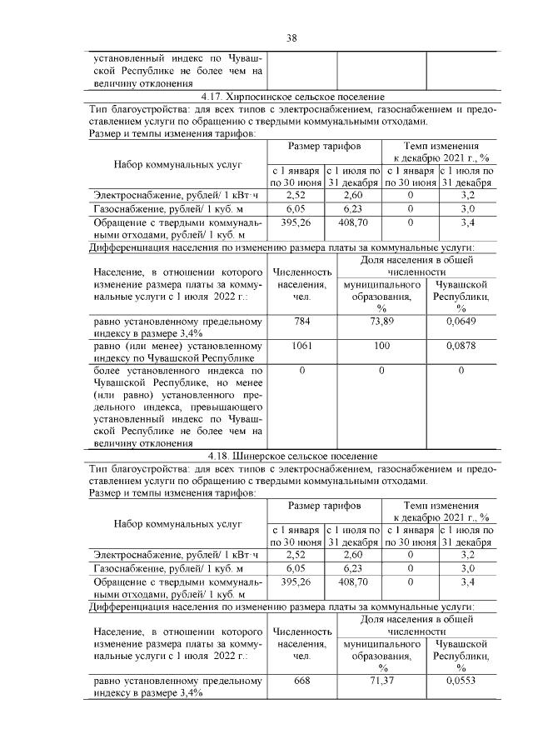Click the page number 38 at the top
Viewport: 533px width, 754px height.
pyautogui.click(x=292, y=37)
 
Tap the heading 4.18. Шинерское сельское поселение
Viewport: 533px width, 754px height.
pyautogui.click(x=292, y=456)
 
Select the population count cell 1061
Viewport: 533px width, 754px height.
pyautogui.click(x=301, y=345)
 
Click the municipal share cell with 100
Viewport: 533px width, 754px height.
pyautogui.click(x=381, y=345)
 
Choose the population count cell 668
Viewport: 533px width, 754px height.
pyautogui.click(x=301, y=681)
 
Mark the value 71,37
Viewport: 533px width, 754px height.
pyautogui.click(x=381, y=681)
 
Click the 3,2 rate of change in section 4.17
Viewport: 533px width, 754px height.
pyautogui.click(x=467, y=195)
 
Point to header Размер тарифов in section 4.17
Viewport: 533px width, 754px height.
pyautogui.click(x=324, y=146)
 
